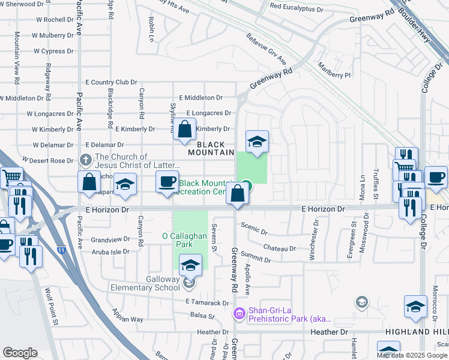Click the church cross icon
coord(85,160)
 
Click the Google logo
coord(19,353)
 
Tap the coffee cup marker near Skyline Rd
coord(167,181)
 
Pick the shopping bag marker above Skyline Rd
coord(185,129)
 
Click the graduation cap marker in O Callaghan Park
coord(190,264)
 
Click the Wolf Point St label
coord(50,306)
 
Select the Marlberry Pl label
coord(334,71)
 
